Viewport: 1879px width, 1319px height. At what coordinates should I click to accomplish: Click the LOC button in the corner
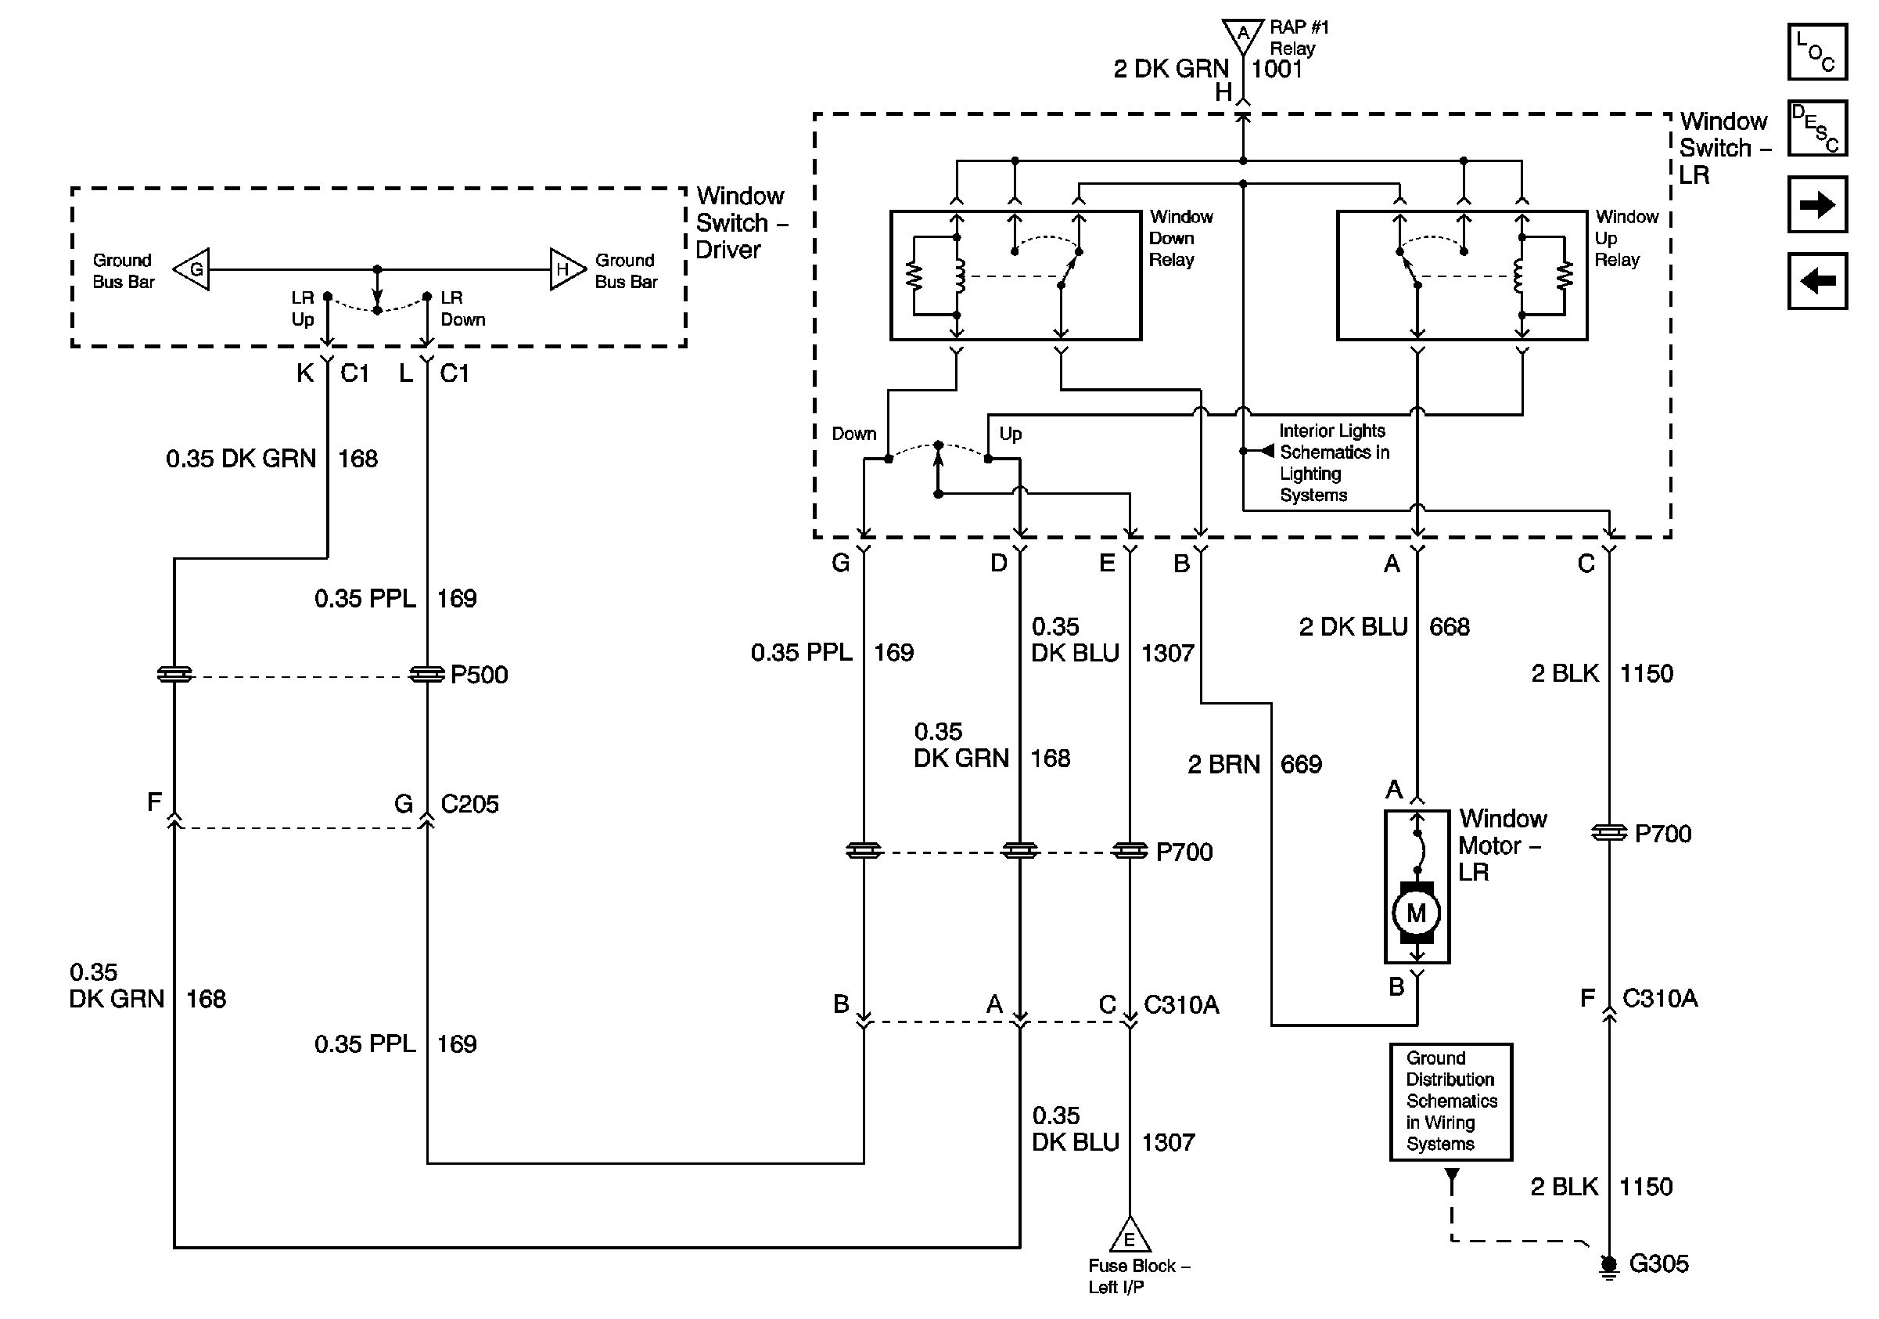pos(1816,52)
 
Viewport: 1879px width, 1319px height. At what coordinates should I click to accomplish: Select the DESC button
pos(1816,128)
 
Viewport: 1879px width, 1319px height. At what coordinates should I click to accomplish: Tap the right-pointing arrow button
pos(1816,204)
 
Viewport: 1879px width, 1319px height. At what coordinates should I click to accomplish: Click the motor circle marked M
pos(1417,912)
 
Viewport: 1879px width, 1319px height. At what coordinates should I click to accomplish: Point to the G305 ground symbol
pos(1609,1266)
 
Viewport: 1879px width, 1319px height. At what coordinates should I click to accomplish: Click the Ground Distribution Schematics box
pos(1451,1101)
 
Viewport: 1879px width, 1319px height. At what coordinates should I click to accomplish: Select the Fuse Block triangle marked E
pos(1130,1234)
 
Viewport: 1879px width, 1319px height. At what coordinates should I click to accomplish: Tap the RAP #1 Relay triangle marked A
pos(1243,36)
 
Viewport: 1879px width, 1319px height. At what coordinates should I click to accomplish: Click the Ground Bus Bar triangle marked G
pos(192,268)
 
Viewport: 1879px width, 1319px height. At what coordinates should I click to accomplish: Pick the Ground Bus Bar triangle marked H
pos(567,268)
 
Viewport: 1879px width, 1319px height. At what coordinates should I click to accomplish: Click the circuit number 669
pos(1301,765)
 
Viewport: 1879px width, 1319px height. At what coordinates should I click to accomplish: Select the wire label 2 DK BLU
pos(1353,627)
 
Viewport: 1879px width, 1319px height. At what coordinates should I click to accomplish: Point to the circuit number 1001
pos(1277,69)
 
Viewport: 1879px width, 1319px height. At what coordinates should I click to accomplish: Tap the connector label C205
pos(469,804)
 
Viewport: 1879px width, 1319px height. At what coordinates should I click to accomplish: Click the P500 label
pos(480,675)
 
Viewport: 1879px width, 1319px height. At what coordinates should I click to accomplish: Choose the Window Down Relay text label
pos(1181,238)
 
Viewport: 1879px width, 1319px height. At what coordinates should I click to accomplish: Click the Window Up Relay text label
pos(1627,238)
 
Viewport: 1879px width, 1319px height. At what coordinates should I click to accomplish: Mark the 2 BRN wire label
pos(1223,765)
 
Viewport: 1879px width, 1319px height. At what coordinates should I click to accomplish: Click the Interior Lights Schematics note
pos(1334,463)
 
